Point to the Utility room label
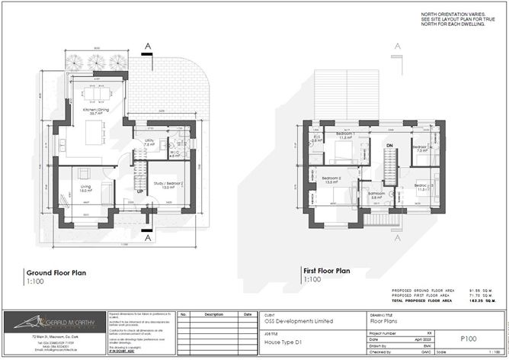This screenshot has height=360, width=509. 150,142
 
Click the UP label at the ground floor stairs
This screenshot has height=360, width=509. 140,191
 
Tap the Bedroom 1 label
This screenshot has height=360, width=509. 344,135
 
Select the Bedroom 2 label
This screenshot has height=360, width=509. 331,181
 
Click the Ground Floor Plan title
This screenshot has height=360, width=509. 56,272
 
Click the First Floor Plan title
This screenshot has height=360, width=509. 327,271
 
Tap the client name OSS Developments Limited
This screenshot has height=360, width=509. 299,322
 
